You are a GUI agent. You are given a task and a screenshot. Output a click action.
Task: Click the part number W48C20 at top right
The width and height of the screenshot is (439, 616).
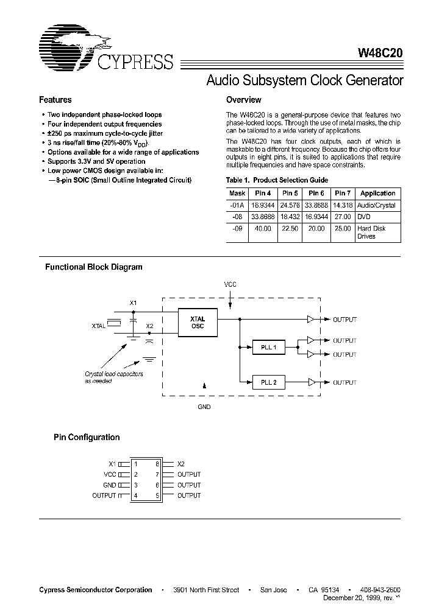point(377,54)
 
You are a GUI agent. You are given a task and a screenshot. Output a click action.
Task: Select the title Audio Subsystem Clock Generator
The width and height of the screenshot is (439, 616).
point(305,80)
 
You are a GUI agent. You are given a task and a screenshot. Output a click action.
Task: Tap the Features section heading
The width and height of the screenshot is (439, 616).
point(55,100)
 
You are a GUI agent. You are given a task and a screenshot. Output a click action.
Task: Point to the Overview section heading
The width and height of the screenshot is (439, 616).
point(243,100)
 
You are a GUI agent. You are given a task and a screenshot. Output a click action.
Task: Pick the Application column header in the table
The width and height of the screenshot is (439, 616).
point(378,194)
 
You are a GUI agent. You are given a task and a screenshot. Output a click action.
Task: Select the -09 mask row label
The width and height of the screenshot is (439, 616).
point(237,229)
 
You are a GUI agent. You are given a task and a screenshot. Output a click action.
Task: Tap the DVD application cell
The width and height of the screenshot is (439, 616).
point(363,217)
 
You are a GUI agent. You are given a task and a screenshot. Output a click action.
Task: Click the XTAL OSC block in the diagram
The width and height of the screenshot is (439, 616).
point(198,323)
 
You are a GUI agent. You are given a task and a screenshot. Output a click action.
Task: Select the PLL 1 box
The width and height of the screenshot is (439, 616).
point(268,348)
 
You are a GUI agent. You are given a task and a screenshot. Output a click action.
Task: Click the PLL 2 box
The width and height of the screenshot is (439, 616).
point(268,382)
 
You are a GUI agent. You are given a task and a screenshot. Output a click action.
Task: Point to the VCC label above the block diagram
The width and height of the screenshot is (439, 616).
point(230,284)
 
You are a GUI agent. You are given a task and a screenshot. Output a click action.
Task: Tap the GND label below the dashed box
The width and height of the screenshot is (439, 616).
point(204,407)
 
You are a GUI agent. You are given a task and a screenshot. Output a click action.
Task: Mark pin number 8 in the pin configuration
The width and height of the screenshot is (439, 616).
point(157,464)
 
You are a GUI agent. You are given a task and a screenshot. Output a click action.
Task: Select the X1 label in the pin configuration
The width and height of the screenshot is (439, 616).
point(112,464)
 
